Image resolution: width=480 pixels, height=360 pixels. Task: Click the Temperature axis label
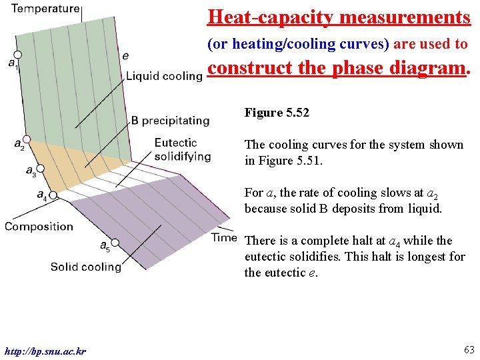45,9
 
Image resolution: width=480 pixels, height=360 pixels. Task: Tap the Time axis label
224,237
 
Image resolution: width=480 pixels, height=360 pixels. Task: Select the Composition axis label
39,227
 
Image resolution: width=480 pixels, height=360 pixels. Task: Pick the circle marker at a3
39,169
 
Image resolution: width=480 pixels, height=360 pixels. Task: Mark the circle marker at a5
115,242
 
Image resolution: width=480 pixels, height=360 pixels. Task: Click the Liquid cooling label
164,76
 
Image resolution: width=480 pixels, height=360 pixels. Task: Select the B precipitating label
170,121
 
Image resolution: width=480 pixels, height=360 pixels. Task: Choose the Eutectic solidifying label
182,149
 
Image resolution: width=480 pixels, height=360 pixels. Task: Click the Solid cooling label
85,267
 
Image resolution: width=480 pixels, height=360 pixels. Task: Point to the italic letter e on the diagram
126,56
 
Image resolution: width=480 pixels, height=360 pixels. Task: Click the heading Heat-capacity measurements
339,17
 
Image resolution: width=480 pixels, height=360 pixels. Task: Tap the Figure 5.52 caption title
277,113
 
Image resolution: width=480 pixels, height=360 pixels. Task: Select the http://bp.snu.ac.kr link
45,351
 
